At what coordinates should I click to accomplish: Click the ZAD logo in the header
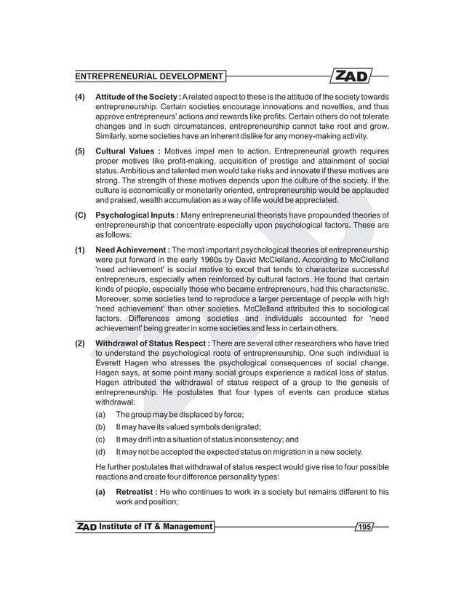pos(352,76)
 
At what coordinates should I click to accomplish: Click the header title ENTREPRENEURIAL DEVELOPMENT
pos(149,76)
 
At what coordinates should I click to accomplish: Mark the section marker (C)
pos(81,215)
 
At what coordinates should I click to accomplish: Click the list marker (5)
pos(81,151)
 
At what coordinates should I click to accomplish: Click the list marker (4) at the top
pos(81,97)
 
